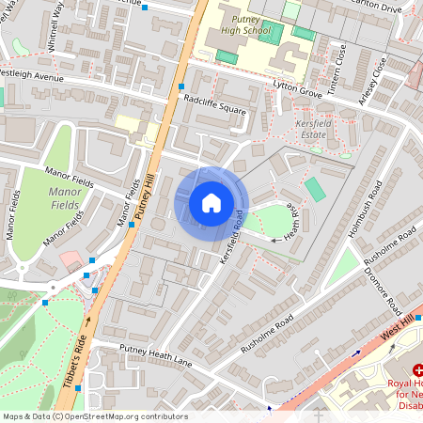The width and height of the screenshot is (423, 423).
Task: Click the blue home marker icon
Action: (x=211, y=202)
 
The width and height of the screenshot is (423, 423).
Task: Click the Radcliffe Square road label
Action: (x=214, y=103)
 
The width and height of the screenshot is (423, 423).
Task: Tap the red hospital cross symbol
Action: (x=393, y=371)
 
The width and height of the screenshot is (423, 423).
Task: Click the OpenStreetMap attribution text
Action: (x=94, y=416)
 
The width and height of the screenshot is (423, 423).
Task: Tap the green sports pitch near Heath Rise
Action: (x=316, y=190)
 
